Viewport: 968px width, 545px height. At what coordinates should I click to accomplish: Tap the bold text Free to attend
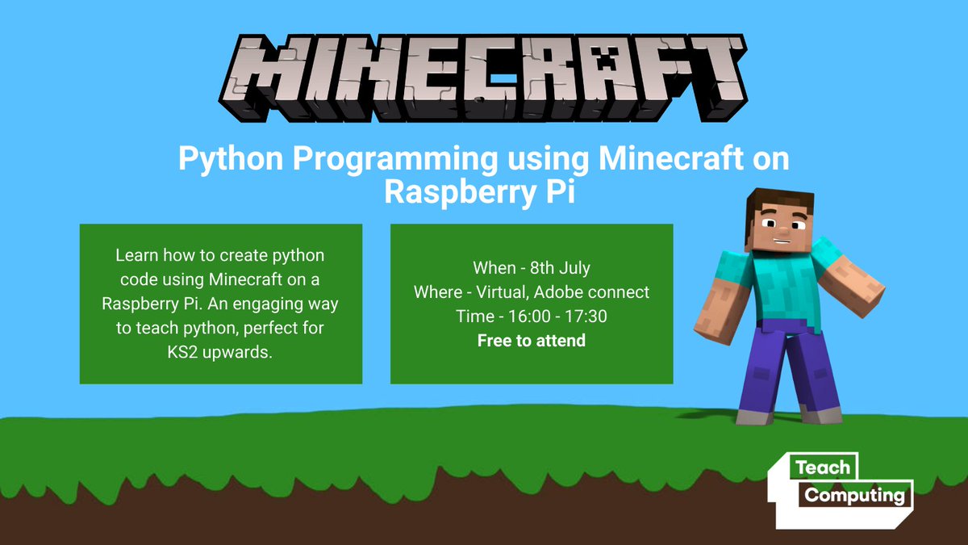pos(531,341)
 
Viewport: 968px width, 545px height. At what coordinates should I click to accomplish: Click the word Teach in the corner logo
pos(822,467)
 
